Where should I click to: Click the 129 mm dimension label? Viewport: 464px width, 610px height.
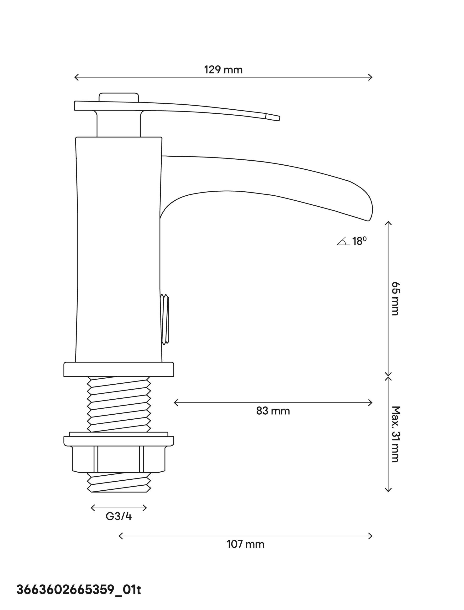click(223, 70)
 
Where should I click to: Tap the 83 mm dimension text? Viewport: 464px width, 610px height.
click(273, 411)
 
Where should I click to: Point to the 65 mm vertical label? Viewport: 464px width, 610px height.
click(396, 299)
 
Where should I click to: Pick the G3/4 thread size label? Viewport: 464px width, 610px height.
click(119, 516)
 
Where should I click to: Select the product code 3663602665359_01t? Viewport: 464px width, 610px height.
click(79, 590)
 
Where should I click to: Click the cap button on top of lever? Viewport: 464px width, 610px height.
click(119, 97)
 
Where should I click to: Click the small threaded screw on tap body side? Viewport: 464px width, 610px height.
click(165, 319)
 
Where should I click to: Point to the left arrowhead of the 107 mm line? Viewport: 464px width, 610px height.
click(120, 536)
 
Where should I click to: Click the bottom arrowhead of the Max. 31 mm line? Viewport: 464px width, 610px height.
click(388, 491)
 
